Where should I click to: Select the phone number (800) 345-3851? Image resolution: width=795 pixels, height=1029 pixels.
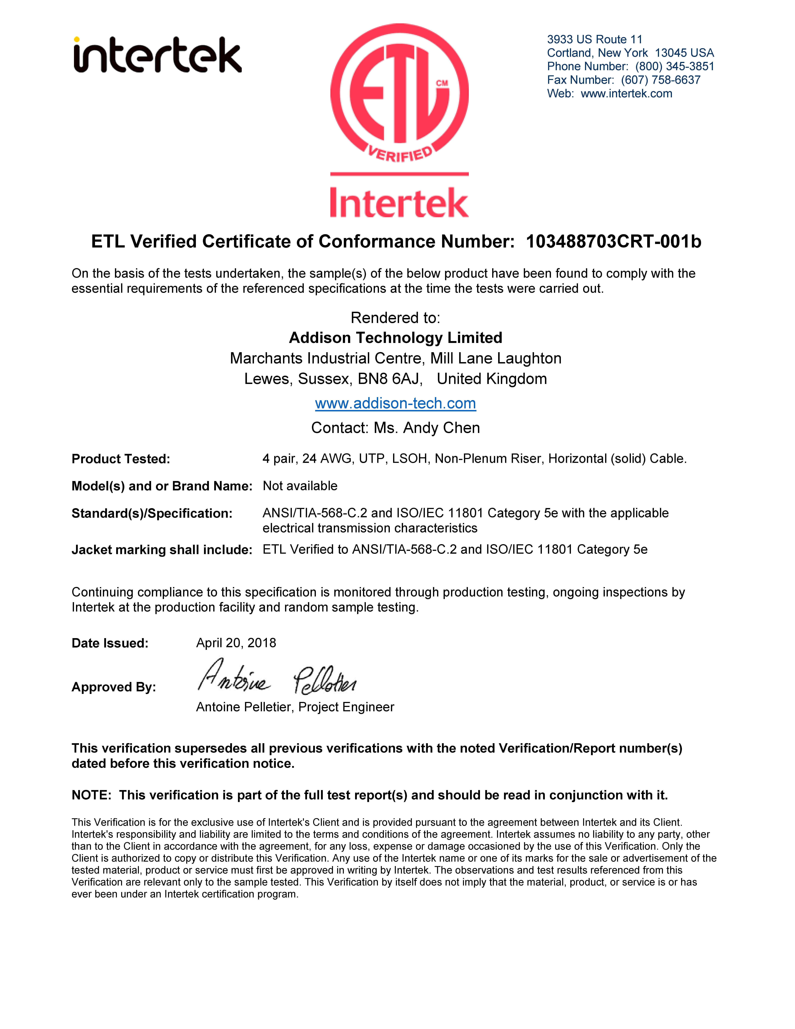pos(674,66)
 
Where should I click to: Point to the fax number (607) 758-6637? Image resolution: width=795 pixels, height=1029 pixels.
pos(660,80)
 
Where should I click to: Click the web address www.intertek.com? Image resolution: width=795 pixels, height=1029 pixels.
pos(626,94)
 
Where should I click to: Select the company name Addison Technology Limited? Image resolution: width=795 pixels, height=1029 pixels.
pos(396,338)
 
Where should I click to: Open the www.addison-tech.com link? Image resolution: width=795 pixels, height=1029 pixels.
pos(396,403)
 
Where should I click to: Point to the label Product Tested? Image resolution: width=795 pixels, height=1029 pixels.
pos(121,459)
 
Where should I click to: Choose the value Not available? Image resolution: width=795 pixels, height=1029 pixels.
pos(300,486)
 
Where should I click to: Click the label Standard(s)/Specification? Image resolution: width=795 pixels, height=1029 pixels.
pos(152,513)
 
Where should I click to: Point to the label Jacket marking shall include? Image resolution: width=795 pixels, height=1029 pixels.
pos(162,550)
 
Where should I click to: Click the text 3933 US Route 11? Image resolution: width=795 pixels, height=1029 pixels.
pos(594,40)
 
